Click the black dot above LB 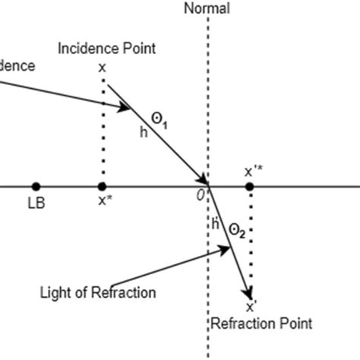pos(36,186)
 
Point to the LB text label pos(36,204)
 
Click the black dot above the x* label pos(102,186)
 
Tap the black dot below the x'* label pos(249,186)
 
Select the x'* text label pos(253,171)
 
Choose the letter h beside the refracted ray pos(215,224)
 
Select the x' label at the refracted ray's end pos(250,308)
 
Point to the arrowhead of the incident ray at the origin pos(204,180)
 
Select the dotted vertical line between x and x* pos(102,129)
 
